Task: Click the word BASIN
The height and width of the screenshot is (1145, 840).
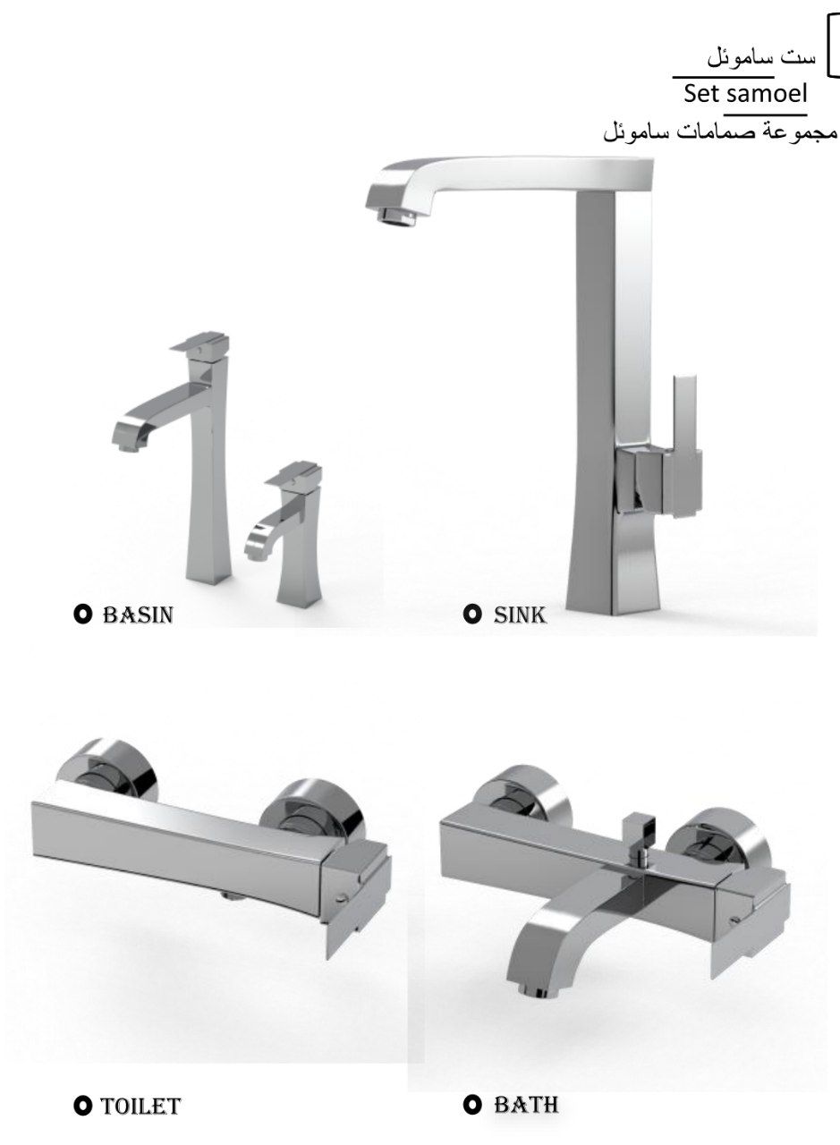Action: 138,615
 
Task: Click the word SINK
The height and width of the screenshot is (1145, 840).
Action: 520,615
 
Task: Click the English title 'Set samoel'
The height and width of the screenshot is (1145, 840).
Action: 745,94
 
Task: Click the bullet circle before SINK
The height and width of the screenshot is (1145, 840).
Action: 472,615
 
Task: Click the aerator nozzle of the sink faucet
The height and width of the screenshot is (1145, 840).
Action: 397,216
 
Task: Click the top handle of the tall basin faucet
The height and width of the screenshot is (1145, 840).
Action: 200,343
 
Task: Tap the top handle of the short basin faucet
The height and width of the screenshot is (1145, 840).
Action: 293,473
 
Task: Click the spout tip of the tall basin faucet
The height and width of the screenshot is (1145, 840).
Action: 130,448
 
